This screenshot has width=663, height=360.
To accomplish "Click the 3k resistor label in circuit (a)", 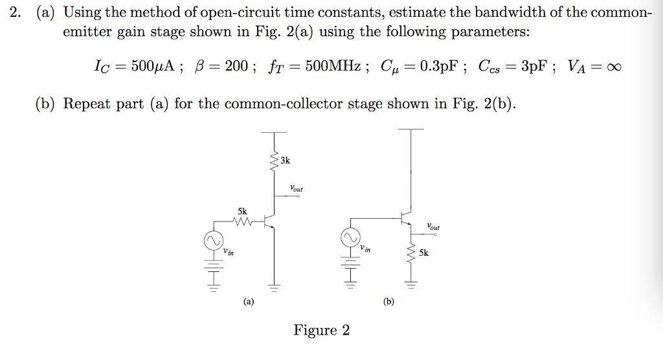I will click(286, 159).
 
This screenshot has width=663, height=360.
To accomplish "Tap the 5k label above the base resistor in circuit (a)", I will click(242, 211).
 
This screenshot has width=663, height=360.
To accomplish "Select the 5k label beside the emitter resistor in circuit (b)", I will click(423, 253).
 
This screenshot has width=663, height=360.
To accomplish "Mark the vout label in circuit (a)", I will click(297, 189).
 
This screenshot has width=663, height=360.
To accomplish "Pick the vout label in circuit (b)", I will click(433, 227).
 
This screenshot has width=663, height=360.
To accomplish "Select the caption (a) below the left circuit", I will click(249, 300).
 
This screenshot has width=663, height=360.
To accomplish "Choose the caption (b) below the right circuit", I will click(388, 301).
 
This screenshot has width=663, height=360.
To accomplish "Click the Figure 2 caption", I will click(322, 331).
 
